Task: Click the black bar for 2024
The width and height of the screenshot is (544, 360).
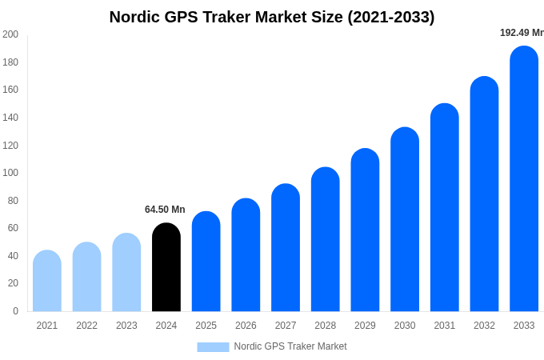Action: coord(166,268)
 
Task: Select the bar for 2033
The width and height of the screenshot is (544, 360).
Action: coord(524,180)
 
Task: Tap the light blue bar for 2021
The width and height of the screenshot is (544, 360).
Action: coord(47,282)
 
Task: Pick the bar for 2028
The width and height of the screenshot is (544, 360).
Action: coord(326,240)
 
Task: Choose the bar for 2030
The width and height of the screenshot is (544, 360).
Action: coord(405,220)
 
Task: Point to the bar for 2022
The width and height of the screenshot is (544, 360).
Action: coord(86,278)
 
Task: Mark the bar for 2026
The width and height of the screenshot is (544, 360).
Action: coord(246,256)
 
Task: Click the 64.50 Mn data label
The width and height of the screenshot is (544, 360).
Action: coord(165,210)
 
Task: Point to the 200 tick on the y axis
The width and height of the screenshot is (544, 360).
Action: coord(10,34)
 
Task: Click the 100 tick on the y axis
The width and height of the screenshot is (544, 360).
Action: coord(10,173)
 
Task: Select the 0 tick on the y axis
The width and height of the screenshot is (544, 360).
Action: coord(15,311)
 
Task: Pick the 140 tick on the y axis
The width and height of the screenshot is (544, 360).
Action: coord(10,118)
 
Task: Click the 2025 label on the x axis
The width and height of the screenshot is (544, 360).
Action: coord(206,326)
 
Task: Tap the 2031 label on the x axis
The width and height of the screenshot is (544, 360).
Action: coord(445,326)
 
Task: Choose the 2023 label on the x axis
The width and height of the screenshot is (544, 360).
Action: coord(126,326)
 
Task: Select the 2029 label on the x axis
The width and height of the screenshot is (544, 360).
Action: coord(365,326)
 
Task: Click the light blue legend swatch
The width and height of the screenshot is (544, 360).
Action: coord(213,347)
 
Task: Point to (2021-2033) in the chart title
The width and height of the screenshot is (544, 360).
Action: coord(391,17)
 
